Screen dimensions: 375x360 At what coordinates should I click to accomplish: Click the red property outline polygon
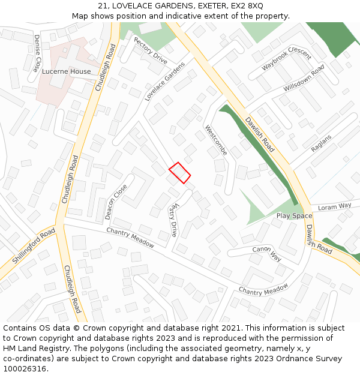click(179, 173)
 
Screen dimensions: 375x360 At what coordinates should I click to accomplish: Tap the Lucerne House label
click(67, 71)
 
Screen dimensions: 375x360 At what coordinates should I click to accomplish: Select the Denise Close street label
click(37, 52)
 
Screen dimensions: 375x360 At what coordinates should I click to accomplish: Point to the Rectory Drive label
click(151, 50)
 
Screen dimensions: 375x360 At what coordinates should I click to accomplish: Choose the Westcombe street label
click(216, 140)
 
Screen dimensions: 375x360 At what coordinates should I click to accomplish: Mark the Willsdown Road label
click(304, 79)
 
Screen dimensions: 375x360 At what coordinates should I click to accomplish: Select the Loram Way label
click(335, 206)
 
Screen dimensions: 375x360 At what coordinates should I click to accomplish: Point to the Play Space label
click(294, 215)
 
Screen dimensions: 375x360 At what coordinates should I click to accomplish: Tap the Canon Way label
click(267, 253)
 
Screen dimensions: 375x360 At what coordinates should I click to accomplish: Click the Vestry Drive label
click(173, 220)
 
